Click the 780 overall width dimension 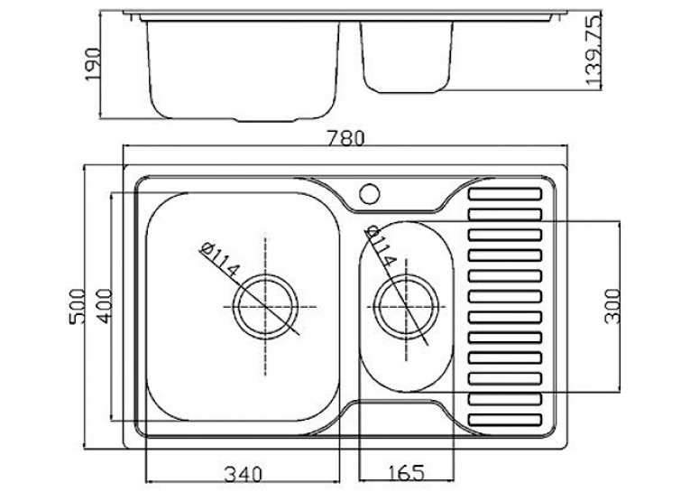point(346,138)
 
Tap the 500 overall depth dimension point(77,307)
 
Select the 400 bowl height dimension point(105,306)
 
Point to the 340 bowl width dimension point(243,474)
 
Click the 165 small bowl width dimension point(406,473)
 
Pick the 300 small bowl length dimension point(612,306)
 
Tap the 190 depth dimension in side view point(93,64)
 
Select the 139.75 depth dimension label point(593,50)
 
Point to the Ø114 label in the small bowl point(380,246)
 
